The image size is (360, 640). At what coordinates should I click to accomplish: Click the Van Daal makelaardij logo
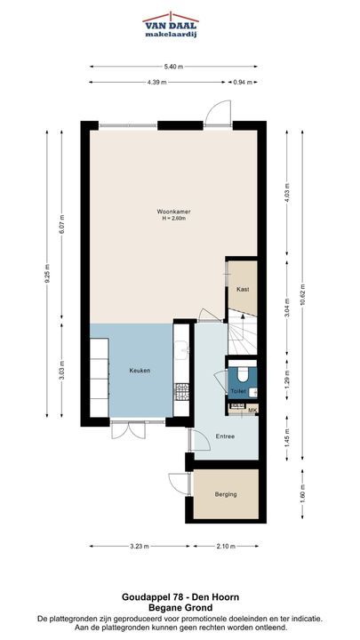(171, 25)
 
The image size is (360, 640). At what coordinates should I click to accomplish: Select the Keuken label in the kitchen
(140, 371)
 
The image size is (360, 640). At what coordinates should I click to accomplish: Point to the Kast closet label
(243, 289)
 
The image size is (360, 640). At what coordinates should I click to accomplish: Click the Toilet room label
(237, 391)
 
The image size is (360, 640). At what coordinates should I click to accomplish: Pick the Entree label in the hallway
(225, 436)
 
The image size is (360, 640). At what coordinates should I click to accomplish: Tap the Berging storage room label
(226, 494)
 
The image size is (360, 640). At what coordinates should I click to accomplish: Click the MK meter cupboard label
(252, 410)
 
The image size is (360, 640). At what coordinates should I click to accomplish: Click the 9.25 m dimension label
(47, 274)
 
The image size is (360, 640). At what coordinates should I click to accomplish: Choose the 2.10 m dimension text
(226, 547)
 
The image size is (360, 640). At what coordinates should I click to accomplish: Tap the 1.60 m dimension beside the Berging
(302, 495)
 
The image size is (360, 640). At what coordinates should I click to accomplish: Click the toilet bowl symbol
(243, 374)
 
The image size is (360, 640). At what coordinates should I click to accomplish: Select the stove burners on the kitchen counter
(181, 391)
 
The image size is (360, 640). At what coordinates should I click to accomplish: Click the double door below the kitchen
(128, 430)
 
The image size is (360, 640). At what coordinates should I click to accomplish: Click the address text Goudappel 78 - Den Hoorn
(180, 597)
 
